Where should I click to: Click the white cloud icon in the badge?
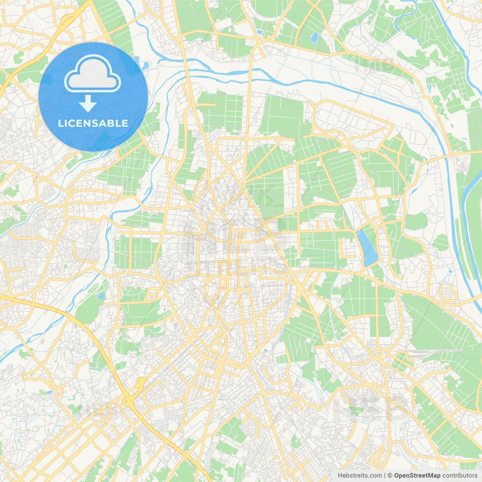tap(93, 74)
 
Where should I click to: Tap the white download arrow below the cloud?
tap(88, 104)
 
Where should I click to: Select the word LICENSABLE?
tap(93, 123)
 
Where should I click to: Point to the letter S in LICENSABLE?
tap(99, 123)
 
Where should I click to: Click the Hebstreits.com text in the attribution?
tap(360, 476)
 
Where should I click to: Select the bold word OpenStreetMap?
tap(417, 476)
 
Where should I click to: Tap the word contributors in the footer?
tap(459, 476)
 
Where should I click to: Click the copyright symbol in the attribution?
tap(390, 476)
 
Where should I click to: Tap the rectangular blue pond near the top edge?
tap(314, 37)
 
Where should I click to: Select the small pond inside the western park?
tap(101, 296)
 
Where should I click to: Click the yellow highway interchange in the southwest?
tap(133, 394)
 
